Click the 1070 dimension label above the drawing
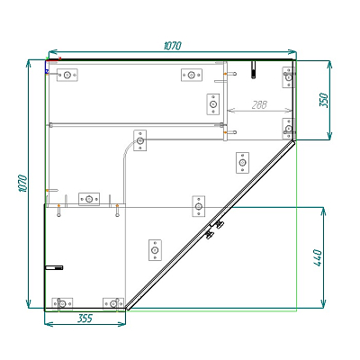pos(173,46)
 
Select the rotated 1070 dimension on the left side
pos(22,184)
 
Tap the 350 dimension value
pos(324,100)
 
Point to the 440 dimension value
pos(318,257)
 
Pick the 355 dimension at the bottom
pos(85,319)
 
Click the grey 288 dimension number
pos(259,104)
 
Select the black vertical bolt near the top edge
pos(254,69)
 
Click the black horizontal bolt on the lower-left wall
pos(54,267)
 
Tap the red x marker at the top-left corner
pos(60,58)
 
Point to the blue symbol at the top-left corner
pos(47,71)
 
